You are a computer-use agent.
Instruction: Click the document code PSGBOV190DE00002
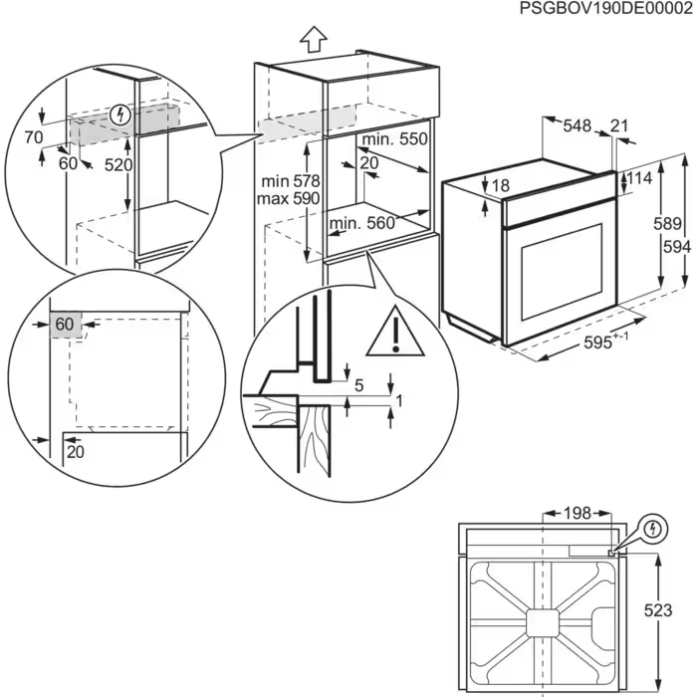click(x=606, y=9)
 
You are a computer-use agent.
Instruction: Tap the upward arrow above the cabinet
click(x=314, y=38)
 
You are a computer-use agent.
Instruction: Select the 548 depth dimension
click(x=577, y=126)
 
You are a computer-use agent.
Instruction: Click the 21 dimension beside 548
click(x=619, y=126)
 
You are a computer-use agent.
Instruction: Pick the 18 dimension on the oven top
click(x=499, y=185)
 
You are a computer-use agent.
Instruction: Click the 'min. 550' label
click(x=395, y=140)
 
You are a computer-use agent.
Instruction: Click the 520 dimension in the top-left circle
click(x=117, y=165)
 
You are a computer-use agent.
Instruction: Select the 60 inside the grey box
click(x=64, y=325)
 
